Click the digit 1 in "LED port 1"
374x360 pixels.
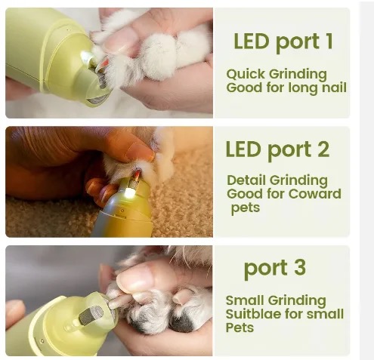pyautogui.click(x=329, y=41)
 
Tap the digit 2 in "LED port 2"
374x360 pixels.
pyautogui.click(x=323, y=149)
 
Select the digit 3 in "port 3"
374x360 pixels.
pyautogui.click(x=300, y=266)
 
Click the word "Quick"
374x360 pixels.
pyautogui.click(x=246, y=74)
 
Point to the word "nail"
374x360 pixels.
pyautogui.click(x=335, y=88)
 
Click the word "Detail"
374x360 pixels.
pyautogui.click(x=246, y=180)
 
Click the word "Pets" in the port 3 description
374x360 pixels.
pyautogui.click(x=240, y=328)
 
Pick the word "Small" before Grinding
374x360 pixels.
pyautogui.click(x=245, y=300)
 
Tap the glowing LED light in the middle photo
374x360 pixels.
pyautogui.click(x=129, y=193)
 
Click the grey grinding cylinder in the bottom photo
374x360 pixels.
pyautogui.click(x=91, y=315)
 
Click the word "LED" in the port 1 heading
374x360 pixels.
pyautogui.click(x=251, y=41)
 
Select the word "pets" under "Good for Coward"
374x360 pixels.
pyautogui.click(x=246, y=208)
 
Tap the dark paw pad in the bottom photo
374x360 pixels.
pyautogui.click(x=183, y=323)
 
